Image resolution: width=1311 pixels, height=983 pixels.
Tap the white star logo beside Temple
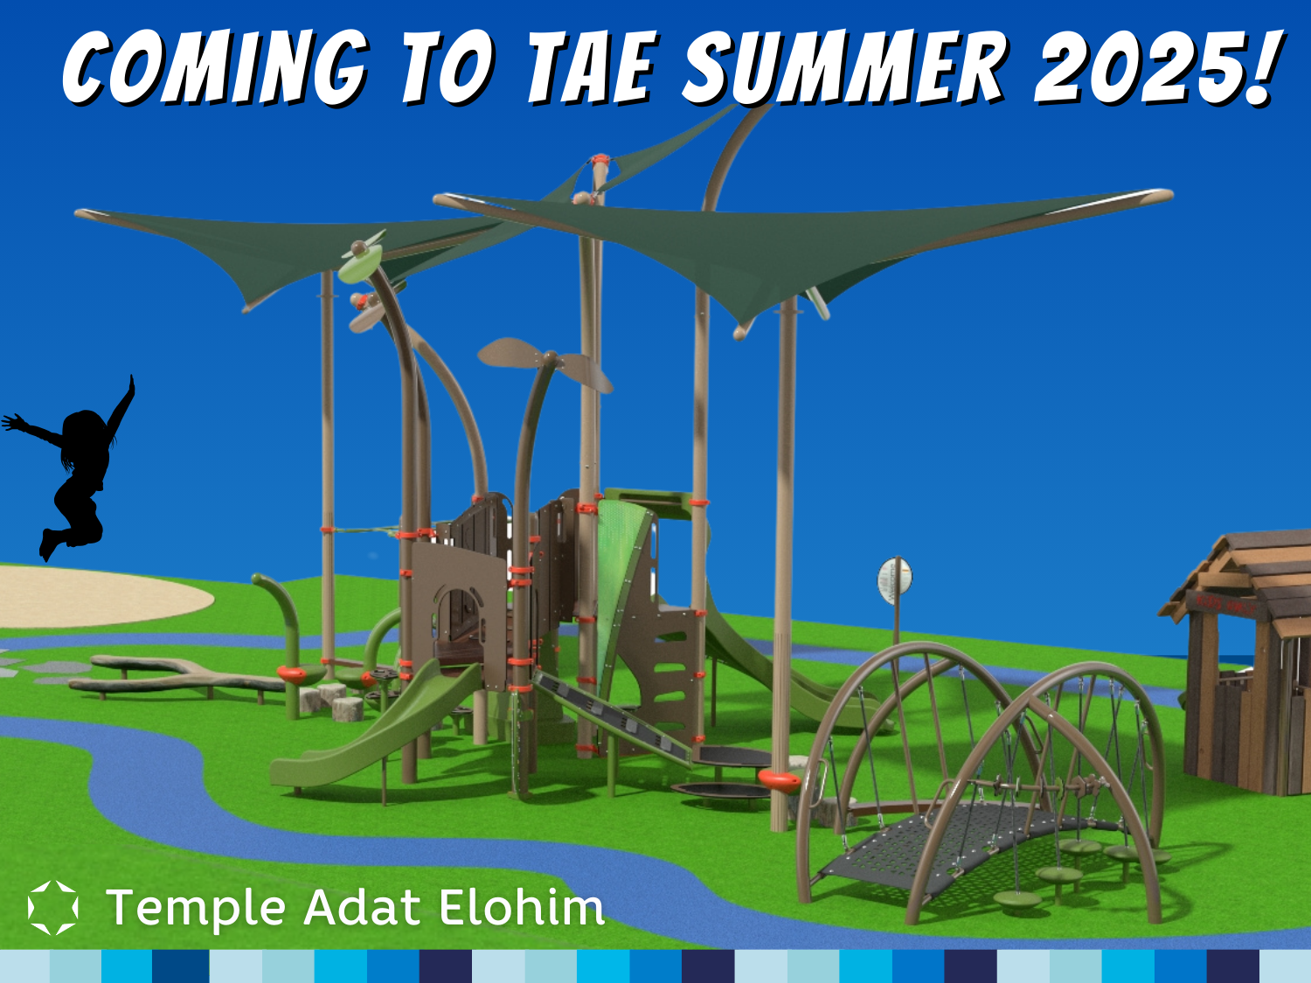52,907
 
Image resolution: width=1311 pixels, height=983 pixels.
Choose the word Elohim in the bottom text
522,907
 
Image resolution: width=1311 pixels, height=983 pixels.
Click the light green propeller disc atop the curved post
359,265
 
